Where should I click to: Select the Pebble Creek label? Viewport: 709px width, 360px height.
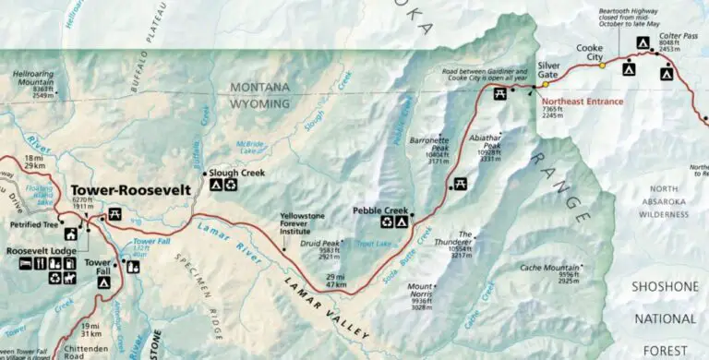pyautogui.click(x=380, y=210)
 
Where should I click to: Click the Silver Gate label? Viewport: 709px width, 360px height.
pyautogui.click(x=547, y=70)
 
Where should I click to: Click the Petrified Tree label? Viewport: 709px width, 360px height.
pyautogui.click(x=30, y=224)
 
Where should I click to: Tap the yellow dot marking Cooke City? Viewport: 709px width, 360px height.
pyautogui.click(x=603, y=66)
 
